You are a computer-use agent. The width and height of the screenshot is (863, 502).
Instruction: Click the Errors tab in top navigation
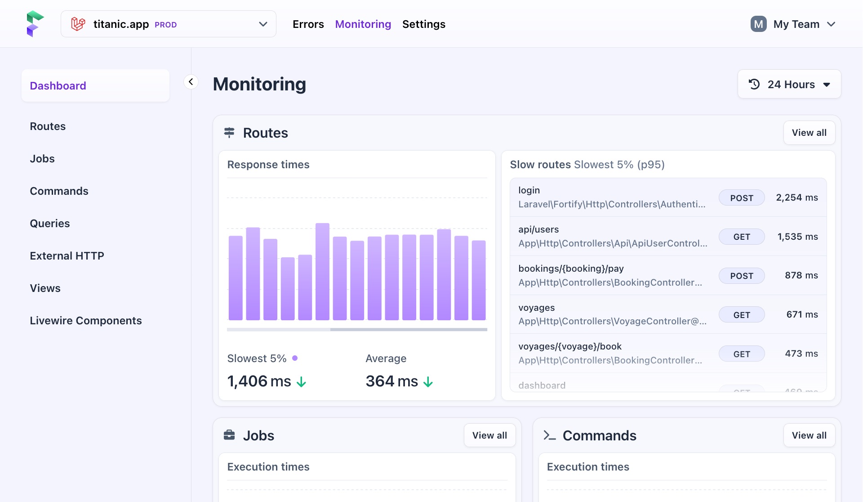click(308, 24)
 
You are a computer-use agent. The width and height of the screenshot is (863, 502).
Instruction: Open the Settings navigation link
click(423, 24)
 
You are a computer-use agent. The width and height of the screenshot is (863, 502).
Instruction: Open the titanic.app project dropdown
click(168, 24)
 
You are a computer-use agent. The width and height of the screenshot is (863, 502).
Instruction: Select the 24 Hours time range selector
click(789, 84)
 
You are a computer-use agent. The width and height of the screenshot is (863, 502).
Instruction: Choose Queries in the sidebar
click(50, 224)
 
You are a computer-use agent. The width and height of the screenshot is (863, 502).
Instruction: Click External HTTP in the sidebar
click(67, 256)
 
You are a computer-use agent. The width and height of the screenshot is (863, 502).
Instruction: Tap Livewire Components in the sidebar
click(86, 321)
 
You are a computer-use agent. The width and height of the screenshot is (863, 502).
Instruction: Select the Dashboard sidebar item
click(58, 86)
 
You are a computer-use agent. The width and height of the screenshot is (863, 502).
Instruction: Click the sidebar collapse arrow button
click(191, 82)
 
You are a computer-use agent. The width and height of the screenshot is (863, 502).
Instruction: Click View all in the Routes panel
click(809, 133)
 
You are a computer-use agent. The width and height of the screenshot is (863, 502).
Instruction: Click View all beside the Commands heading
click(809, 435)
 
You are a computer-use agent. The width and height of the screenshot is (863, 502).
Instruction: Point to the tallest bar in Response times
click(322, 271)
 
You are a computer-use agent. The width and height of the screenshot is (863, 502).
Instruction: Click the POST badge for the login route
click(741, 198)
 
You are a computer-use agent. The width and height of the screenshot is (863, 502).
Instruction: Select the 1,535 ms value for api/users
click(797, 237)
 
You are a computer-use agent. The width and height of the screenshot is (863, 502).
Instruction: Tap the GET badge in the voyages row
click(741, 315)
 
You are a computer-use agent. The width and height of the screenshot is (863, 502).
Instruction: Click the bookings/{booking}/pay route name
click(571, 269)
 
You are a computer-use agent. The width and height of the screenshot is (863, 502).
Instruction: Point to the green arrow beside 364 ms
click(428, 382)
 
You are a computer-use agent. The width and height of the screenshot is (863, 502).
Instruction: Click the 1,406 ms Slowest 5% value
click(259, 381)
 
